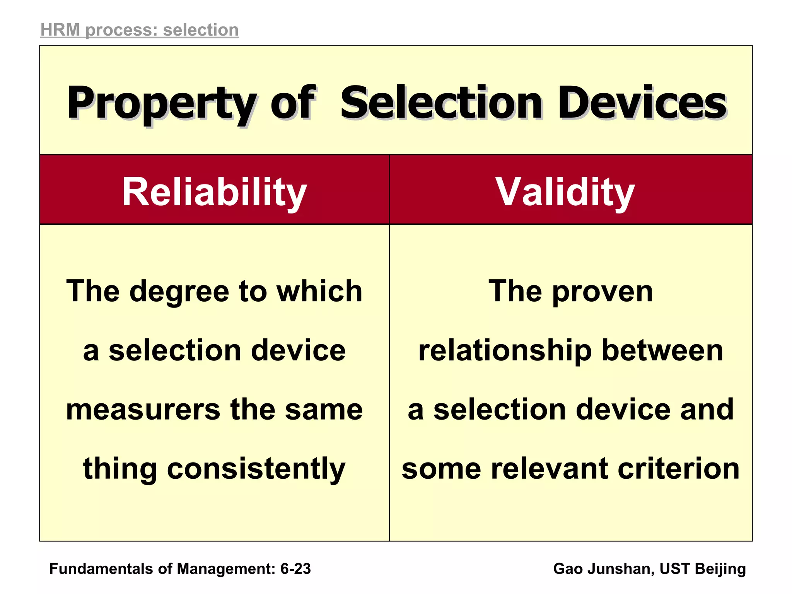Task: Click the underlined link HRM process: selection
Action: coord(140,30)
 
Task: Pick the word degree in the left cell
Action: coord(179,292)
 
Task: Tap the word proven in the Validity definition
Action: coord(603,292)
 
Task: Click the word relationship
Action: coord(505,351)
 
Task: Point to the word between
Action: coord(662,350)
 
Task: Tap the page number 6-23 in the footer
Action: coord(295,569)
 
